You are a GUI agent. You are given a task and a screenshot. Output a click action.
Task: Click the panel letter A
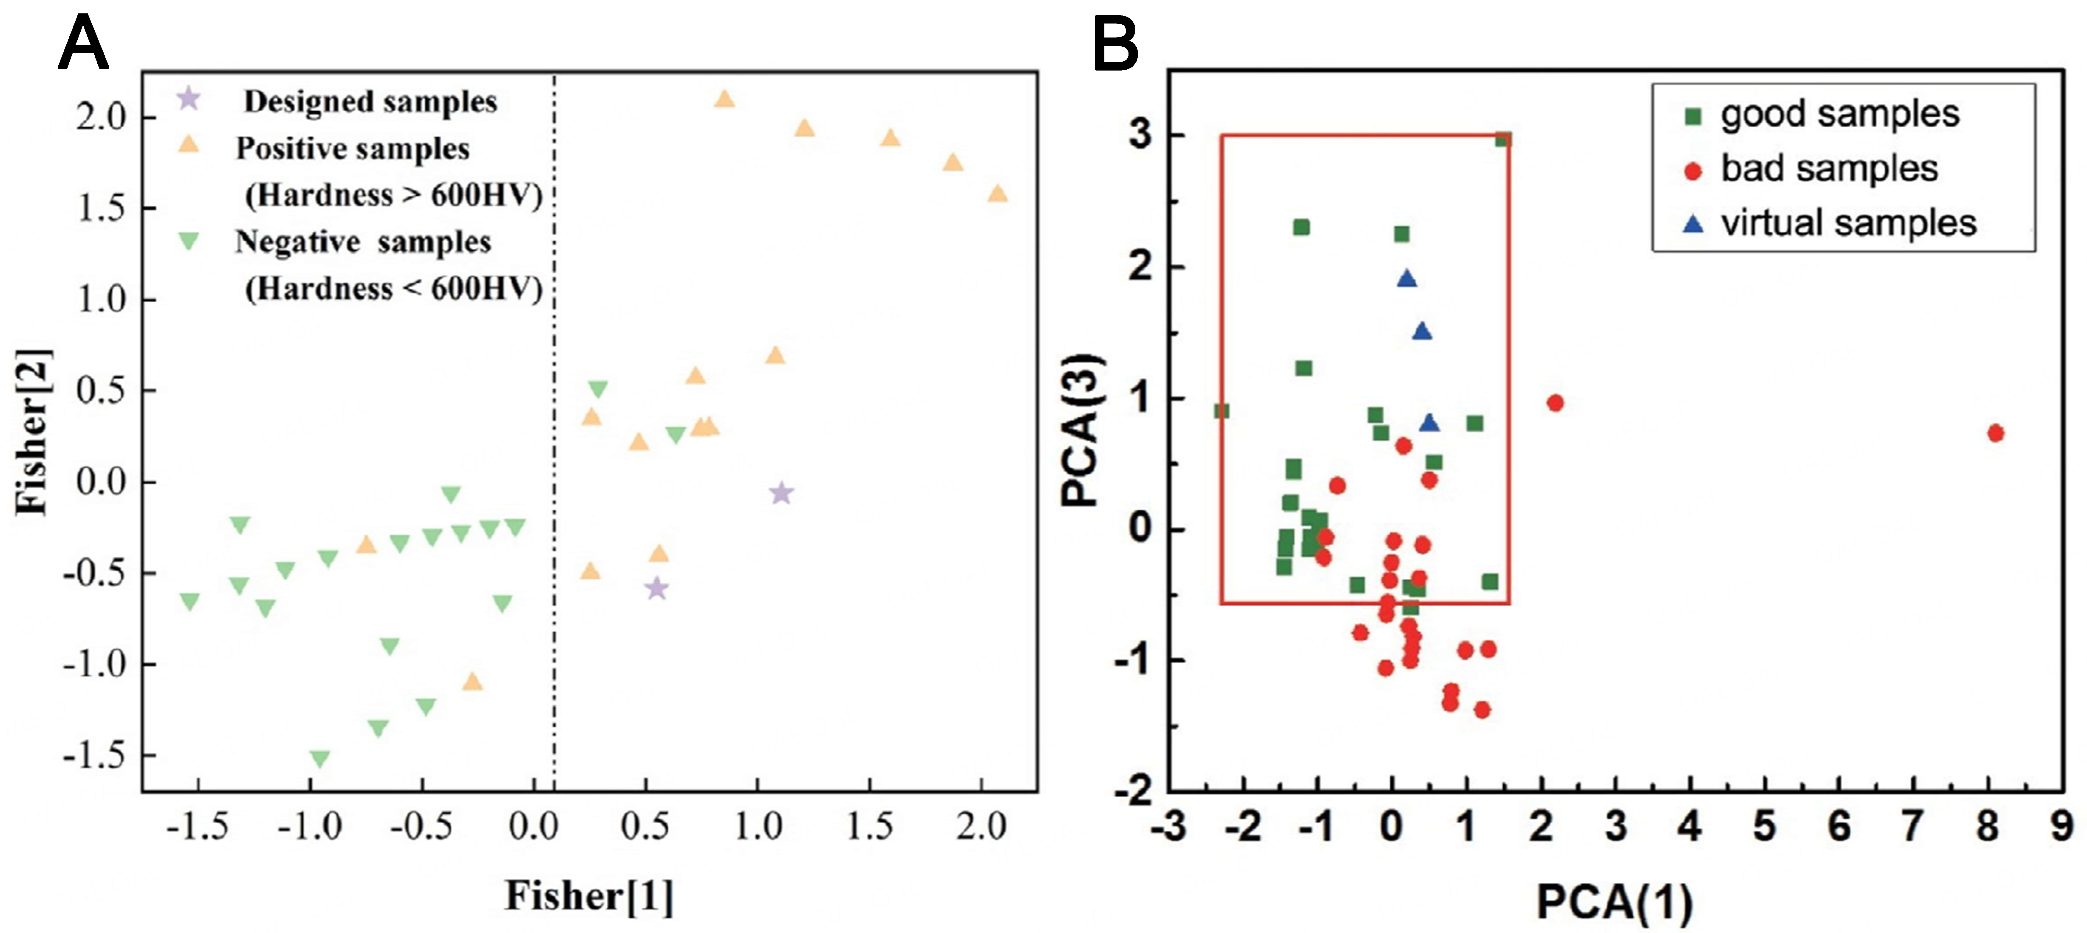click(x=83, y=46)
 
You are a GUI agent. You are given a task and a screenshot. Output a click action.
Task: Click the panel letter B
click(x=1116, y=46)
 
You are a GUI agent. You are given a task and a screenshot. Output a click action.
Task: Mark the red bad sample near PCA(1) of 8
click(x=1995, y=433)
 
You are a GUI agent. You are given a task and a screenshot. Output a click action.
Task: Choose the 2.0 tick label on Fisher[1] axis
click(x=980, y=827)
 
